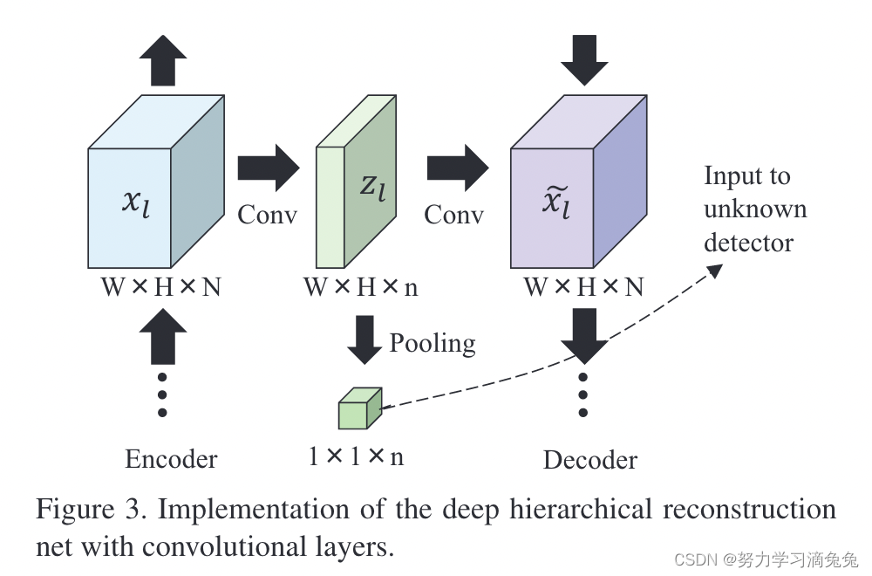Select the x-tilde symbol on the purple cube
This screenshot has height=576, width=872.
tap(553, 206)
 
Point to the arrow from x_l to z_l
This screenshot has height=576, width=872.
tap(268, 168)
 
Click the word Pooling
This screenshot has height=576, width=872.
tap(433, 342)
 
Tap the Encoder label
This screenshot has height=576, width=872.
tap(171, 459)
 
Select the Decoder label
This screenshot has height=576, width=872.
tap(590, 460)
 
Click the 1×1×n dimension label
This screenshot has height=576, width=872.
tap(356, 456)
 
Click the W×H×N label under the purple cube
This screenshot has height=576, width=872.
tap(583, 286)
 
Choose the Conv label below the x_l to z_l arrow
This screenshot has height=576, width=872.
tap(268, 215)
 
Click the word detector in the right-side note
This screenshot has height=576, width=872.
tap(748, 242)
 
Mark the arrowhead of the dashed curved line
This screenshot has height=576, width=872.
tap(715, 270)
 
